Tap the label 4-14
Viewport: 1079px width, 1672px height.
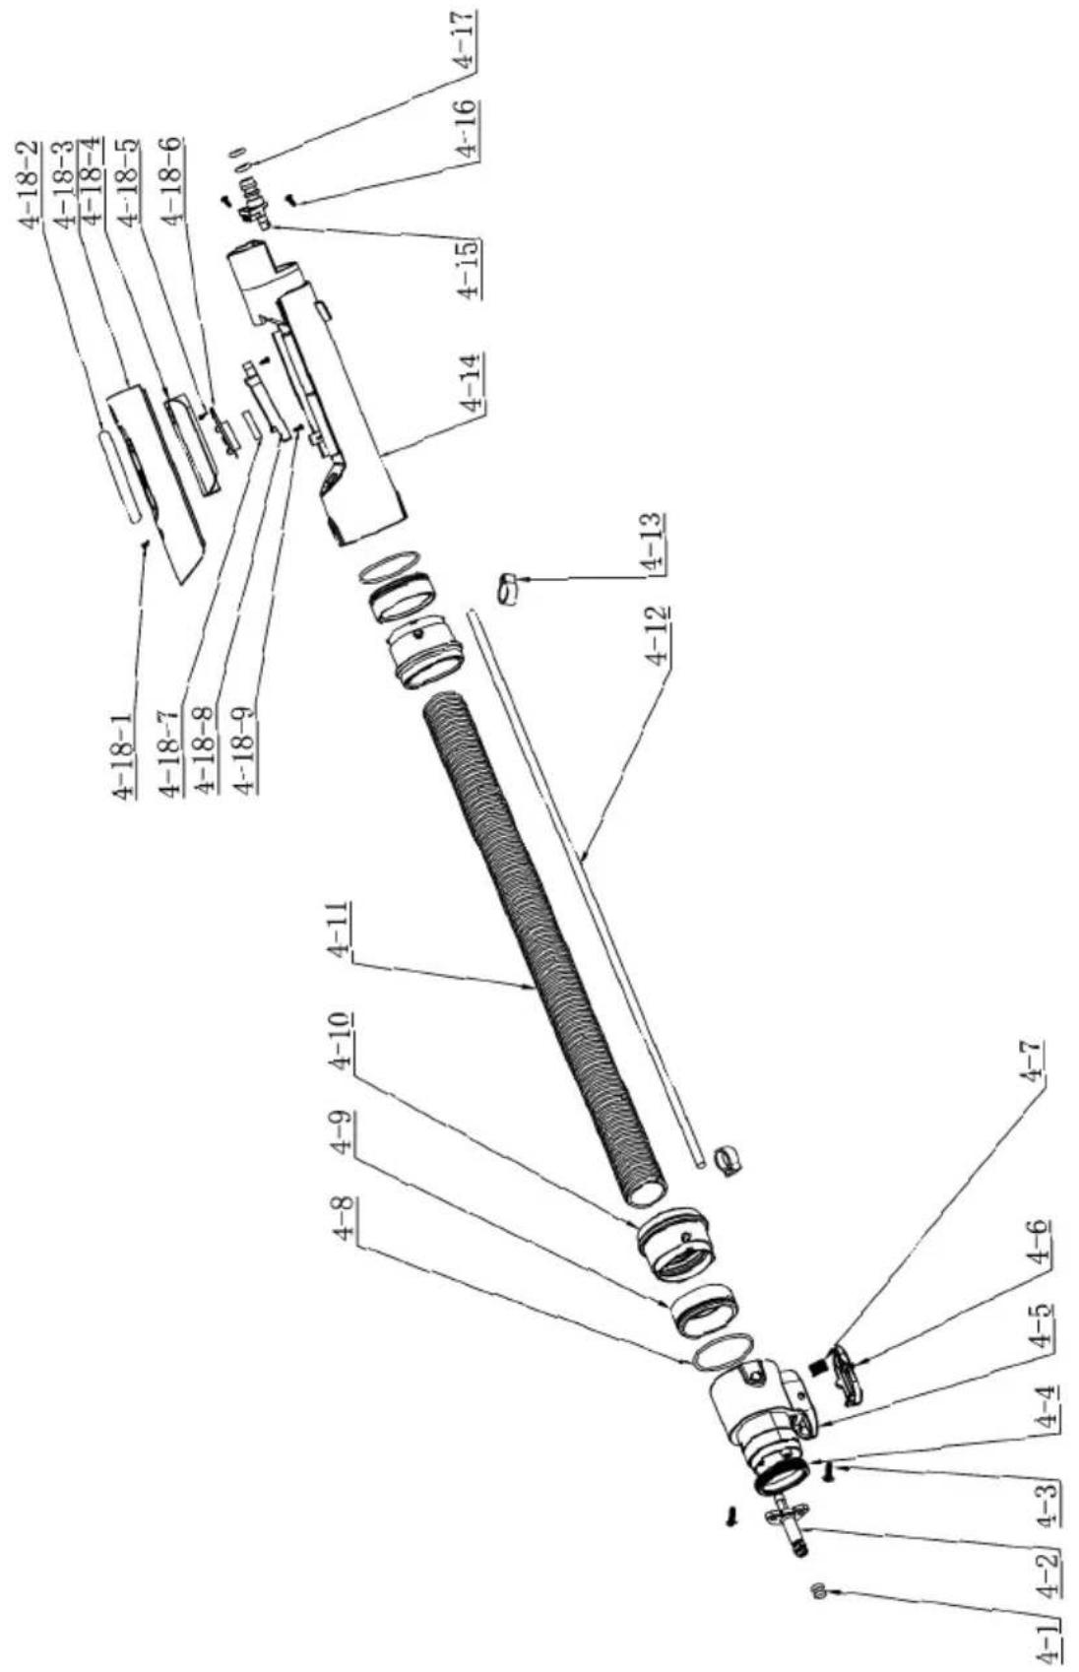coord(472,381)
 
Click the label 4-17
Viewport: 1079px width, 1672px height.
coord(466,40)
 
